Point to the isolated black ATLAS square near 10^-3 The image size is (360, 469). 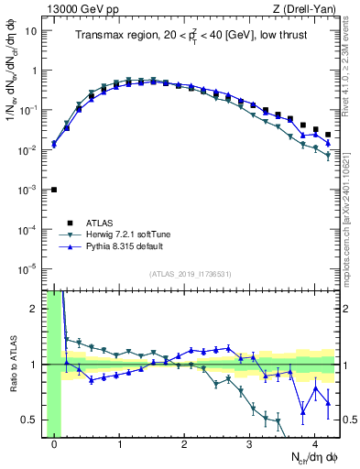(54, 190)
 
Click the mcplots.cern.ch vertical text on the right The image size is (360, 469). (352, 220)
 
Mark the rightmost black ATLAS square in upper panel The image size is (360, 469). (327, 135)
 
